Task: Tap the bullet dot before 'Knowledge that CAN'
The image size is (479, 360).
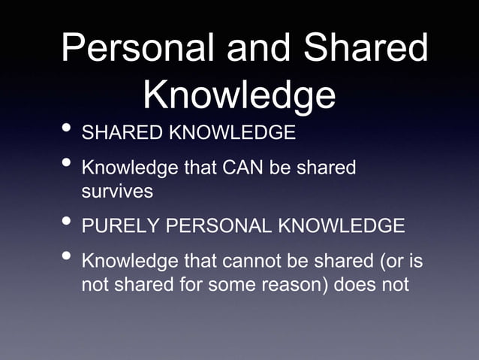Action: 68,165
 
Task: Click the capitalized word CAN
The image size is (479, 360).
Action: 239,168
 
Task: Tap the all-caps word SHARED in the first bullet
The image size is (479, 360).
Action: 122,134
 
